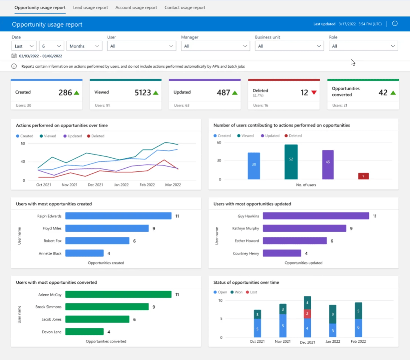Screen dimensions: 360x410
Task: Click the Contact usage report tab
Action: (x=185, y=7)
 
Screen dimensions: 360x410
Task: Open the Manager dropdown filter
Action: (x=215, y=46)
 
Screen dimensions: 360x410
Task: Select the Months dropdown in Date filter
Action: (x=84, y=46)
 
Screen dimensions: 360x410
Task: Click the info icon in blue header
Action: (x=395, y=24)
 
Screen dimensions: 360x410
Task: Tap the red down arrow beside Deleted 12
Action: (x=314, y=93)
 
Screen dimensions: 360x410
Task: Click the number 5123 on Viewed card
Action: (x=143, y=92)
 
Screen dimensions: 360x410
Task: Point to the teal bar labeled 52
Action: (x=291, y=162)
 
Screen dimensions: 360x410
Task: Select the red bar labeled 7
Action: (x=363, y=176)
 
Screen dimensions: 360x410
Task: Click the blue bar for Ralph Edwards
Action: (x=118, y=216)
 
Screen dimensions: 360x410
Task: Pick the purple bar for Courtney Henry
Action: (x=282, y=253)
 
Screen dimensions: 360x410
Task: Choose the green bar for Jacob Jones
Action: (x=97, y=319)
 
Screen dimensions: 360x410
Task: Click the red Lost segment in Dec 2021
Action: (x=307, y=314)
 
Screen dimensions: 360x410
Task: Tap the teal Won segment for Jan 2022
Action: (x=332, y=314)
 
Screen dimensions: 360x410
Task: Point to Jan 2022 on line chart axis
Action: (x=121, y=185)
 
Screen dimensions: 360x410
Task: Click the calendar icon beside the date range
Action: (x=14, y=56)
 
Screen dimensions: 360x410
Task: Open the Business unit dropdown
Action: (x=289, y=46)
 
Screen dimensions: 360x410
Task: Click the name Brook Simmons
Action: (x=48, y=307)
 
